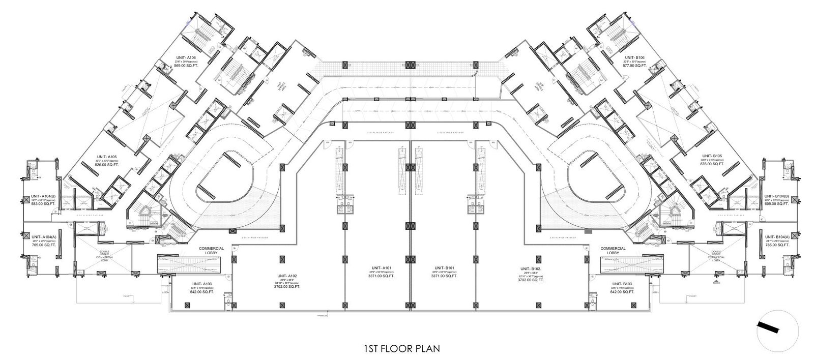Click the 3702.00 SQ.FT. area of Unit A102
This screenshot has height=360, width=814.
pyautogui.click(x=287, y=287)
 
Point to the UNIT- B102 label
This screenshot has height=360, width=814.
pyautogui.click(x=530, y=268)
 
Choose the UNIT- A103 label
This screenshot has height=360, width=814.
pyautogui.click(x=202, y=284)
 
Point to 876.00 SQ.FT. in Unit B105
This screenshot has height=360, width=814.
pyautogui.click(x=712, y=164)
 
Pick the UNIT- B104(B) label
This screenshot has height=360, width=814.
pyautogui.click(x=776, y=196)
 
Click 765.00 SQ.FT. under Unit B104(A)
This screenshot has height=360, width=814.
pyautogui.click(x=776, y=245)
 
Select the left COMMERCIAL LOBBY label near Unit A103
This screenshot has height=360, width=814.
pyautogui.click(x=208, y=250)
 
